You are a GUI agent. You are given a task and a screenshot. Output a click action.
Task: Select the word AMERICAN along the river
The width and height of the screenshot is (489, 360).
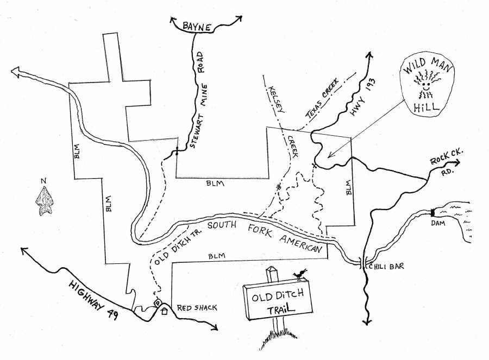tap(303, 243)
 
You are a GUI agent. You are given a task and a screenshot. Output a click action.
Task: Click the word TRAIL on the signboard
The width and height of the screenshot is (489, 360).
tap(278, 310)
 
